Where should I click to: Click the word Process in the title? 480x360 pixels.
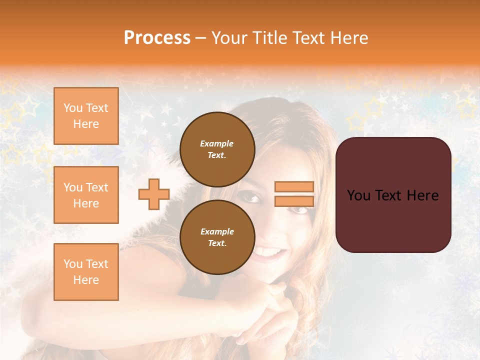coord(157,38)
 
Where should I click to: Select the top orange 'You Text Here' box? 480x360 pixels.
coord(86,116)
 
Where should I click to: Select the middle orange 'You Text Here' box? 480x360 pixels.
coord(86,195)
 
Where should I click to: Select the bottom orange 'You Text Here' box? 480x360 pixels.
coord(86,271)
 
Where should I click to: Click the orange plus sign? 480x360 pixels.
coord(154,194)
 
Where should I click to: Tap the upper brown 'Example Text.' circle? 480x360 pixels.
coord(217,149)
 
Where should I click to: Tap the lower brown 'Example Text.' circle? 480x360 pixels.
coord(217,237)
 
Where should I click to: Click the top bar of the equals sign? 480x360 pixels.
coord(294,187)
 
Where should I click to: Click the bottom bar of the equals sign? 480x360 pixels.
coord(294,201)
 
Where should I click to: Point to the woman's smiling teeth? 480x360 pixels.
coord(269,251)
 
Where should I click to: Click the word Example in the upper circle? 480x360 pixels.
coord(217,143)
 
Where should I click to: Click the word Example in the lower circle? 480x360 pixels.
coord(217,231)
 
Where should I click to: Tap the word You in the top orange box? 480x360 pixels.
coord(72,108)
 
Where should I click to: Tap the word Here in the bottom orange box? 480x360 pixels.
coord(86,280)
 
